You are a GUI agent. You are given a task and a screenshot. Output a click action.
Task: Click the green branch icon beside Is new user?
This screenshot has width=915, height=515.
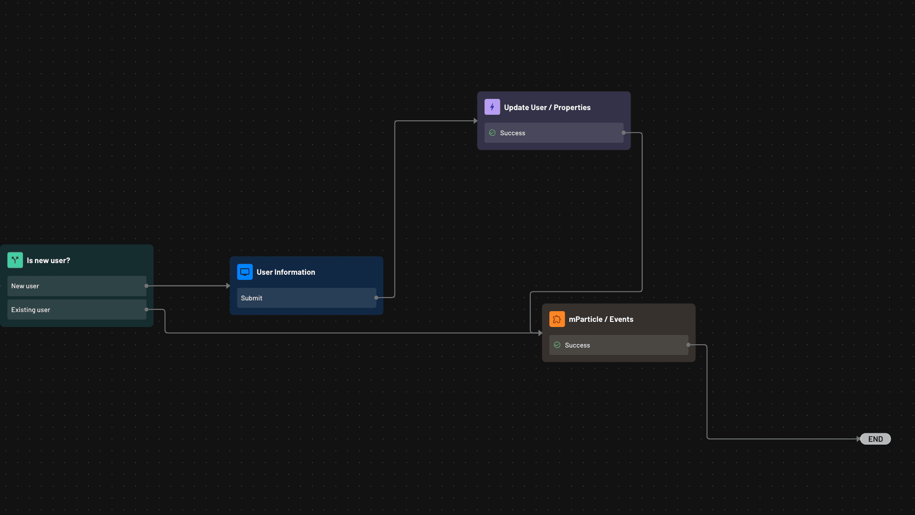pyautogui.click(x=15, y=260)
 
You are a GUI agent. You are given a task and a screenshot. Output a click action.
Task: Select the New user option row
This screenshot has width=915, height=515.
pyautogui.click(x=77, y=286)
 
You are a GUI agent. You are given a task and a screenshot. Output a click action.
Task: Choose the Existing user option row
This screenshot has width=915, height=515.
pyautogui.click(x=77, y=310)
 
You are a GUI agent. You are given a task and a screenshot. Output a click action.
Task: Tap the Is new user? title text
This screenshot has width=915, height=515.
pyautogui.click(x=49, y=261)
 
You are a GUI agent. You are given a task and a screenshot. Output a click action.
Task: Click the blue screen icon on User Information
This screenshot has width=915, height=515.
pyautogui.click(x=245, y=272)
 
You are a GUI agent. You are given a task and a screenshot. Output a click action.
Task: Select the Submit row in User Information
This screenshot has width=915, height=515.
pyautogui.click(x=306, y=298)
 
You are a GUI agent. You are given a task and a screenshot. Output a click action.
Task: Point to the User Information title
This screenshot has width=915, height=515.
pyautogui.click(x=286, y=272)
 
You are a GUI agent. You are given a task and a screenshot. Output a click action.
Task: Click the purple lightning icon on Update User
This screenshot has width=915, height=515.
pyautogui.click(x=492, y=107)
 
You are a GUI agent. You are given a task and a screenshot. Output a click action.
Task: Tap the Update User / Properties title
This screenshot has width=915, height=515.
pyautogui.click(x=547, y=108)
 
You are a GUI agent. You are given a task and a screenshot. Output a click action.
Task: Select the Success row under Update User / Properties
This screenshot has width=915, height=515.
pyautogui.click(x=554, y=133)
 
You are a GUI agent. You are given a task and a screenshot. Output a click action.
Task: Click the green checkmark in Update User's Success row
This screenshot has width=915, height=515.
pyautogui.click(x=492, y=133)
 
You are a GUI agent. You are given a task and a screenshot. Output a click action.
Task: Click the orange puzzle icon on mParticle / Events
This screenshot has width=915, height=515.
pyautogui.click(x=557, y=319)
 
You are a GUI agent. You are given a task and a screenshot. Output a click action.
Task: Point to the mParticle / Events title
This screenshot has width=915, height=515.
pyautogui.click(x=601, y=320)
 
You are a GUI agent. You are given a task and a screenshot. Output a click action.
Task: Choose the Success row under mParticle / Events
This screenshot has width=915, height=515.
pyautogui.click(x=618, y=345)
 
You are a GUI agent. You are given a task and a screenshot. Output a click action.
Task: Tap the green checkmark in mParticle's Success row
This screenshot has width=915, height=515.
pyautogui.click(x=557, y=345)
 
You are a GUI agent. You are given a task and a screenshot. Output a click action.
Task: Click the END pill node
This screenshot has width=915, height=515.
pyautogui.click(x=875, y=439)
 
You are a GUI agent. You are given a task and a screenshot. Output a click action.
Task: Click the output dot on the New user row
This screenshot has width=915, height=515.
pyautogui.click(x=146, y=286)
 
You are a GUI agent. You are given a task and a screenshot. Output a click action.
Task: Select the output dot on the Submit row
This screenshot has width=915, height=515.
pyautogui.click(x=376, y=298)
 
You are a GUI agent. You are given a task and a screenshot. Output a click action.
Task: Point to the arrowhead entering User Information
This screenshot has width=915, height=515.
pyautogui.click(x=228, y=286)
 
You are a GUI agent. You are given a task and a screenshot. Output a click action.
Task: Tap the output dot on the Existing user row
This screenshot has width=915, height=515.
pyautogui.click(x=146, y=309)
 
